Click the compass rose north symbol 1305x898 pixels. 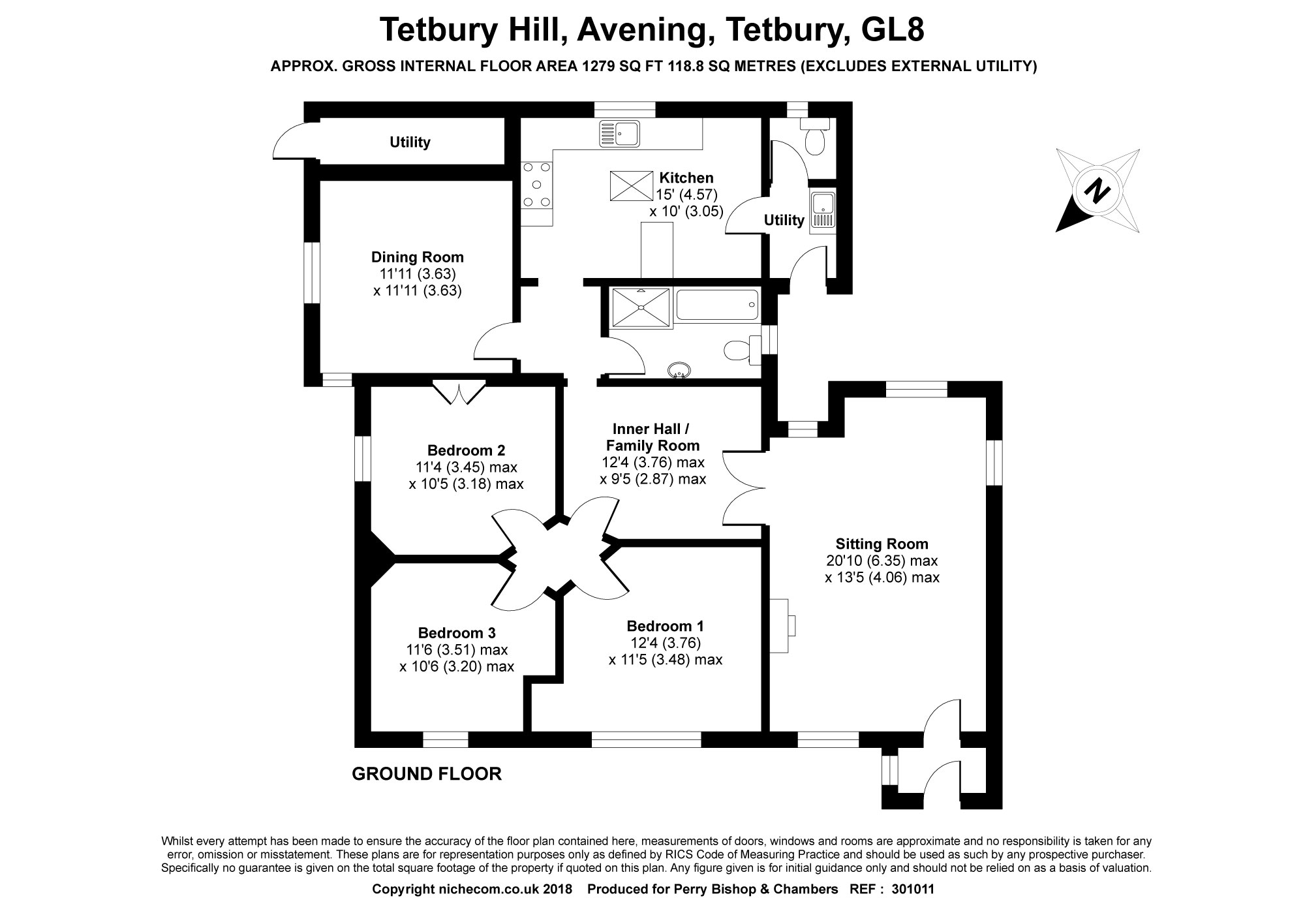pyautogui.click(x=1098, y=191)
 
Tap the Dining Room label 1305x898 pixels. pyautogui.click(x=418, y=257)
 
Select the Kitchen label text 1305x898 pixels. pyautogui.click(x=686, y=178)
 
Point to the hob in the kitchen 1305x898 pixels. pyautogui.click(x=537, y=185)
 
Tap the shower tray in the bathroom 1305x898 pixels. pyautogui.click(x=640, y=307)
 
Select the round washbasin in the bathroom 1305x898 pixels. pyautogui.click(x=679, y=371)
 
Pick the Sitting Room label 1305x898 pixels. pyautogui.click(x=882, y=544)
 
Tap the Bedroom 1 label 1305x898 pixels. pyautogui.click(x=665, y=626)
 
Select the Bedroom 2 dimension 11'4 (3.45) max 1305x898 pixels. pyautogui.click(x=466, y=467)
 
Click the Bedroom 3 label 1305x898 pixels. pyautogui.click(x=457, y=632)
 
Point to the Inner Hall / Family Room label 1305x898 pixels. pyautogui.click(x=652, y=437)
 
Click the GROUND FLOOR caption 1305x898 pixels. pyautogui.click(x=427, y=774)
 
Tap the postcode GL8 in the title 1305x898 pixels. pyautogui.click(x=892, y=30)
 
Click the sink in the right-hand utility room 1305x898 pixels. pyautogui.click(x=821, y=212)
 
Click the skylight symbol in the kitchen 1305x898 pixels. pyautogui.click(x=631, y=186)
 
